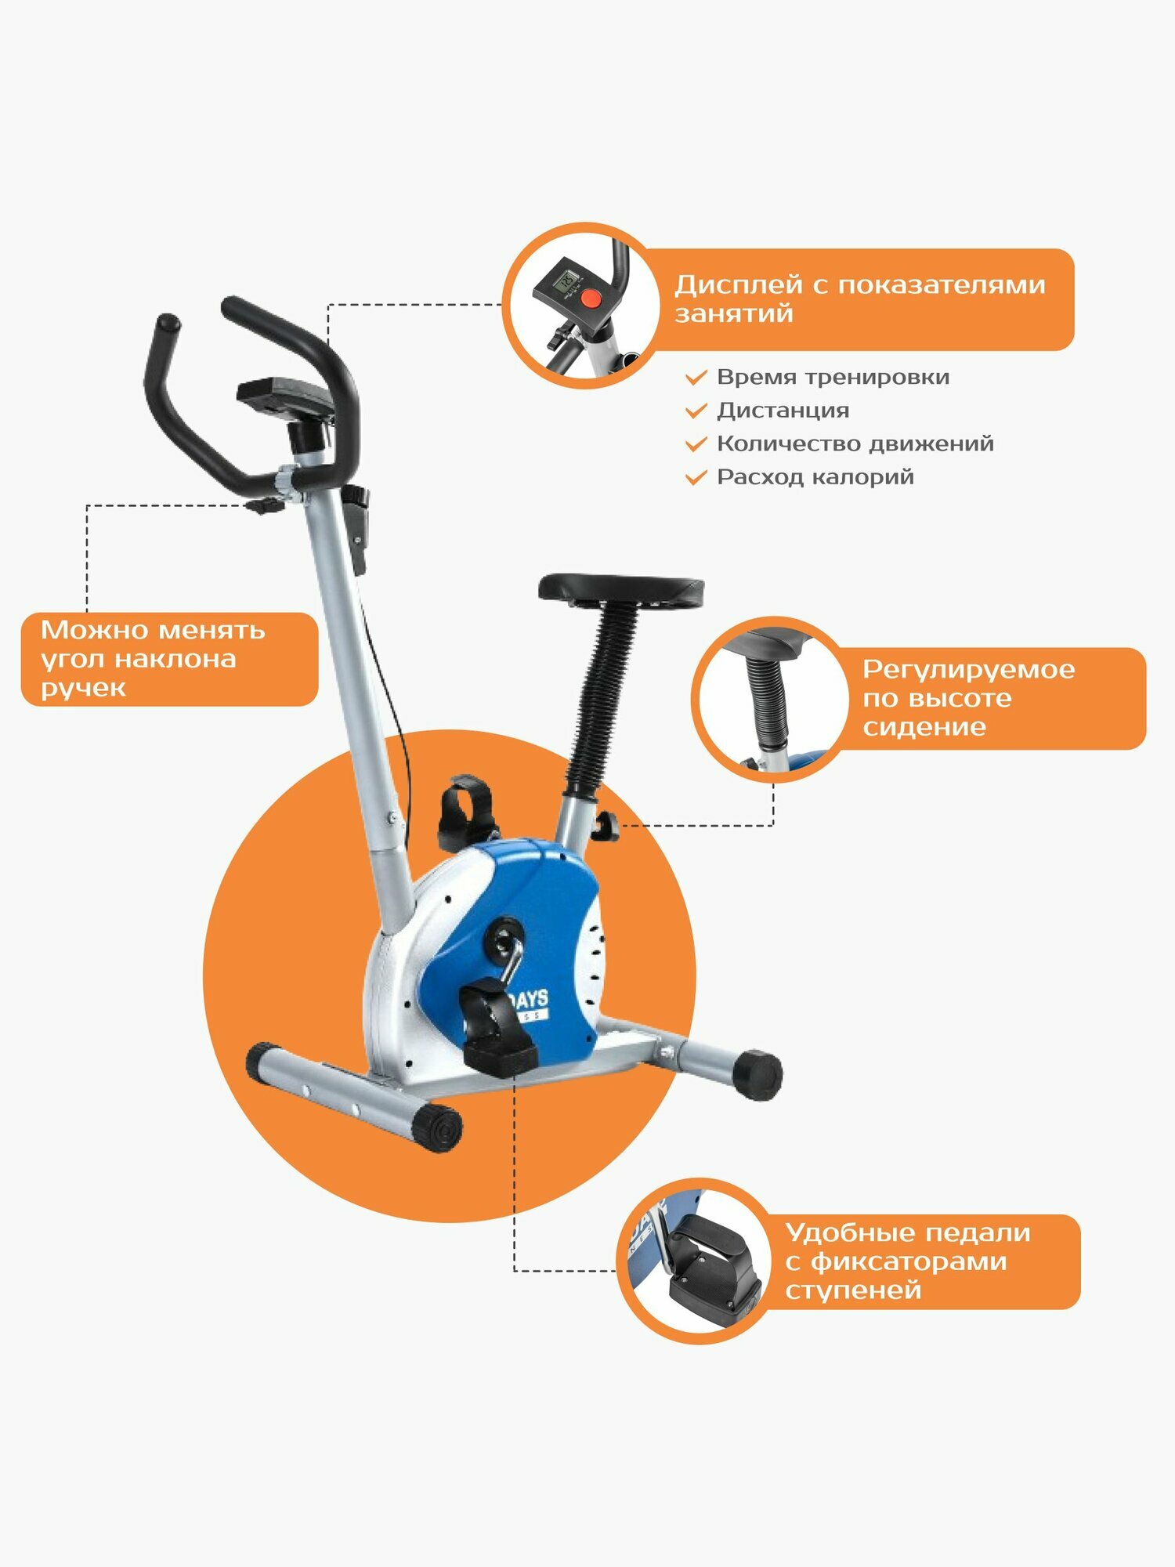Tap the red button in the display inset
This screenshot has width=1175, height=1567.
(x=591, y=299)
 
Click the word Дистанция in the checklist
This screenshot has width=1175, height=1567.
(x=783, y=410)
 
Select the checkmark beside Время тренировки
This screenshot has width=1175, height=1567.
(x=696, y=378)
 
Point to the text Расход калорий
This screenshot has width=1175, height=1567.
(x=815, y=476)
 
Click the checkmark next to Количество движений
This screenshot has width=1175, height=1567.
(x=696, y=444)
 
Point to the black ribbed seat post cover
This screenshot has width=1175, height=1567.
(x=601, y=697)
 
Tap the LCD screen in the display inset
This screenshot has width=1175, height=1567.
(x=566, y=280)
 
